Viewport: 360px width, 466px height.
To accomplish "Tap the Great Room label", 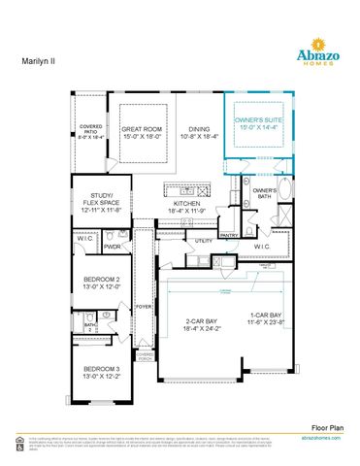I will point(143,133).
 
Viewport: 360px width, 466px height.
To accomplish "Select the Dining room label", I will point(200,133).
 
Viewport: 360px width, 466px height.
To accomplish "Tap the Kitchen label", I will point(187,207).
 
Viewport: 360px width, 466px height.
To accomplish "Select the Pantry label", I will point(229,235).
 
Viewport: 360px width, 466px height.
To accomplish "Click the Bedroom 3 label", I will point(101,373).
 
